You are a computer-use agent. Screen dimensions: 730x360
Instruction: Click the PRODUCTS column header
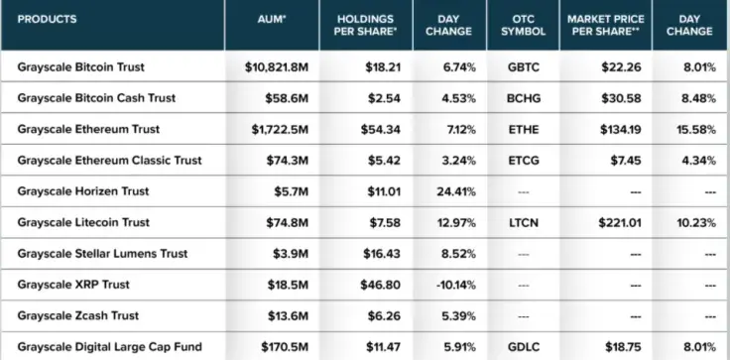(47, 20)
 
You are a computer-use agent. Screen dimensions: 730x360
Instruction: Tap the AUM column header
(272, 20)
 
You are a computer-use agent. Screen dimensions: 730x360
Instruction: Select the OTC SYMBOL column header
(524, 25)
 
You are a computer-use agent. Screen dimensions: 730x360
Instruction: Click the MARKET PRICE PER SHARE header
(606, 25)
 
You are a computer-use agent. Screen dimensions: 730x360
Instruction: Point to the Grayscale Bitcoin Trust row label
(81, 67)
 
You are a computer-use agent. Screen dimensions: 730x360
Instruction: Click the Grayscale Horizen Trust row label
(83, 191)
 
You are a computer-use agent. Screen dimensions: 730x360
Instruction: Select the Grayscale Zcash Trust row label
(78, 315)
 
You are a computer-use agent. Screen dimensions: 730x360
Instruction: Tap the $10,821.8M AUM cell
(277, 67)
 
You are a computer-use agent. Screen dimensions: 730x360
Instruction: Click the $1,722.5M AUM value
(280, 130)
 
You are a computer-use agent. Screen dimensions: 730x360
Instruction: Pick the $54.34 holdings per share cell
(380, 130)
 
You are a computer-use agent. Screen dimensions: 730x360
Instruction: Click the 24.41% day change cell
(456, 191)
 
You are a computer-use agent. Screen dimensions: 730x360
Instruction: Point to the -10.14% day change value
(456, 285)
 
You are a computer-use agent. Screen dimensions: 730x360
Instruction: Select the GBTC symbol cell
(524, 67)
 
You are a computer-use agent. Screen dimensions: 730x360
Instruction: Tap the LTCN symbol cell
(524, 222)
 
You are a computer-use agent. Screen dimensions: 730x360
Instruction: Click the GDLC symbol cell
(524, 347)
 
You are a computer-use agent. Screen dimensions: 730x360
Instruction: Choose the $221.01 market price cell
(620, 222)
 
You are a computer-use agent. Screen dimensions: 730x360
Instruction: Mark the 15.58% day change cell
(696, 130)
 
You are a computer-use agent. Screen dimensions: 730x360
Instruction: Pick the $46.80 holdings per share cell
(380, 285)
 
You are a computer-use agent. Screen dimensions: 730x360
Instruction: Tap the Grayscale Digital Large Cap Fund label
(110, 347)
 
